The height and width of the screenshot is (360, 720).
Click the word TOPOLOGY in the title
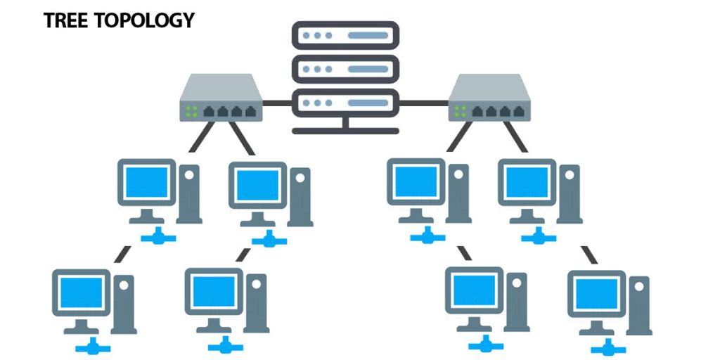pos(143,20)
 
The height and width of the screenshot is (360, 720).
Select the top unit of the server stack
pos(345,34)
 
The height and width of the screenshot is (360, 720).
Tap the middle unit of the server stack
pos(345,69)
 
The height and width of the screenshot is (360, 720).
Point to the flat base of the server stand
pos(345,130)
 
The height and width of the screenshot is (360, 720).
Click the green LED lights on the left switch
pos(190,110)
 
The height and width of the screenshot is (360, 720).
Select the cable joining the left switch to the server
pos(277,103)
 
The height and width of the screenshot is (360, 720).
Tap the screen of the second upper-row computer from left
pos(257,185)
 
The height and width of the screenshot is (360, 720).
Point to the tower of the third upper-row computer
pos(458,193)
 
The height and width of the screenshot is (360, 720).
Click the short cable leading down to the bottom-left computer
pos(122,255)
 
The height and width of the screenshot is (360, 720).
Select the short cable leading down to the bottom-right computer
pos(589,255)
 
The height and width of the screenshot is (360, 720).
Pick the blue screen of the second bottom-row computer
pos(214,291)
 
